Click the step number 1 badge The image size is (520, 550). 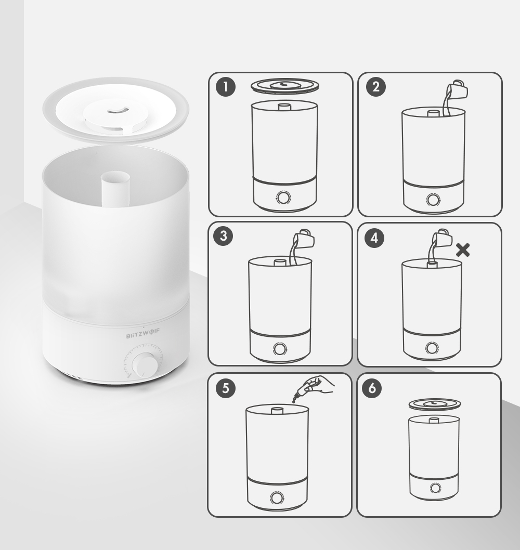226,87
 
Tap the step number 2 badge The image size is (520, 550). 376,87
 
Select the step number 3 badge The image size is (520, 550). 223,235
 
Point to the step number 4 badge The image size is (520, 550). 374,238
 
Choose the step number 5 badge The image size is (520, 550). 226,388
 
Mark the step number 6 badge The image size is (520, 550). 372,388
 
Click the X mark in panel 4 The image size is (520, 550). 463,251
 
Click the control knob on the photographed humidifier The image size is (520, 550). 144,365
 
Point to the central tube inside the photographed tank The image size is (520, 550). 115,189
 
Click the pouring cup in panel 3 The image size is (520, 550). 304,239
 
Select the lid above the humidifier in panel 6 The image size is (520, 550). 435,405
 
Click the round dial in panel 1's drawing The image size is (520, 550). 283,198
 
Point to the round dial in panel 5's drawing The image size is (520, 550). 277,497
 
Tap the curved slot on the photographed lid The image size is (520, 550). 116,111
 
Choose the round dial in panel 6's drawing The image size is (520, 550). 435,488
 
